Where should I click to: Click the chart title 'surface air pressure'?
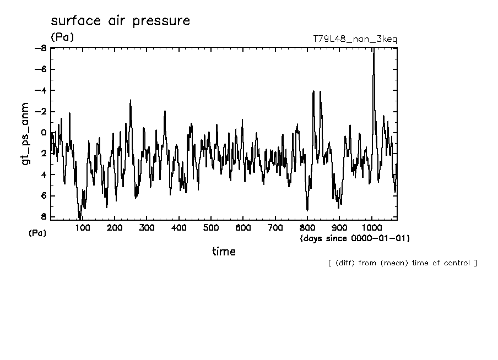120,21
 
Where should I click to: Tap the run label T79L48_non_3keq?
354,39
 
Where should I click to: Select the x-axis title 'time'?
224,252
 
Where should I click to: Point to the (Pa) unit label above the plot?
62,38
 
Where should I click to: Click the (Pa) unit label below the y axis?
37,233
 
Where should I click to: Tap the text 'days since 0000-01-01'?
355,238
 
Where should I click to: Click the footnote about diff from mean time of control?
402,263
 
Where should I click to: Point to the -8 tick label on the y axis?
41,48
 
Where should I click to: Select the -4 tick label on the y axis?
41,90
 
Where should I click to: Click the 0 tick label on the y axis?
44,133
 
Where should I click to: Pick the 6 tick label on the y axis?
44,196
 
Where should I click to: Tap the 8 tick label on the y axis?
44,217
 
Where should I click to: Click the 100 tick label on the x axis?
83,228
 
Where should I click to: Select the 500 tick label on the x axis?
211,228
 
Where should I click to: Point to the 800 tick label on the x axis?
307,228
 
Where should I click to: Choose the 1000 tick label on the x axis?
372,228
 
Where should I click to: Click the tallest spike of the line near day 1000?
373,50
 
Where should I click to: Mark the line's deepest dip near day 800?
307,210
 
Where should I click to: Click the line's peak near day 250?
131,100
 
